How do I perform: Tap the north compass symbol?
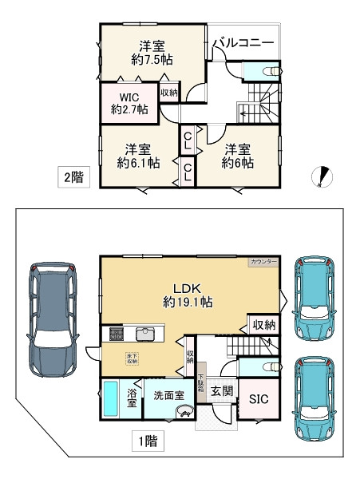323,176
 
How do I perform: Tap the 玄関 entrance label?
222,391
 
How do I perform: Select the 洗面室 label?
169,394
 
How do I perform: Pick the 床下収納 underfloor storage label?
129,358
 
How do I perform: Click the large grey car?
53,319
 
